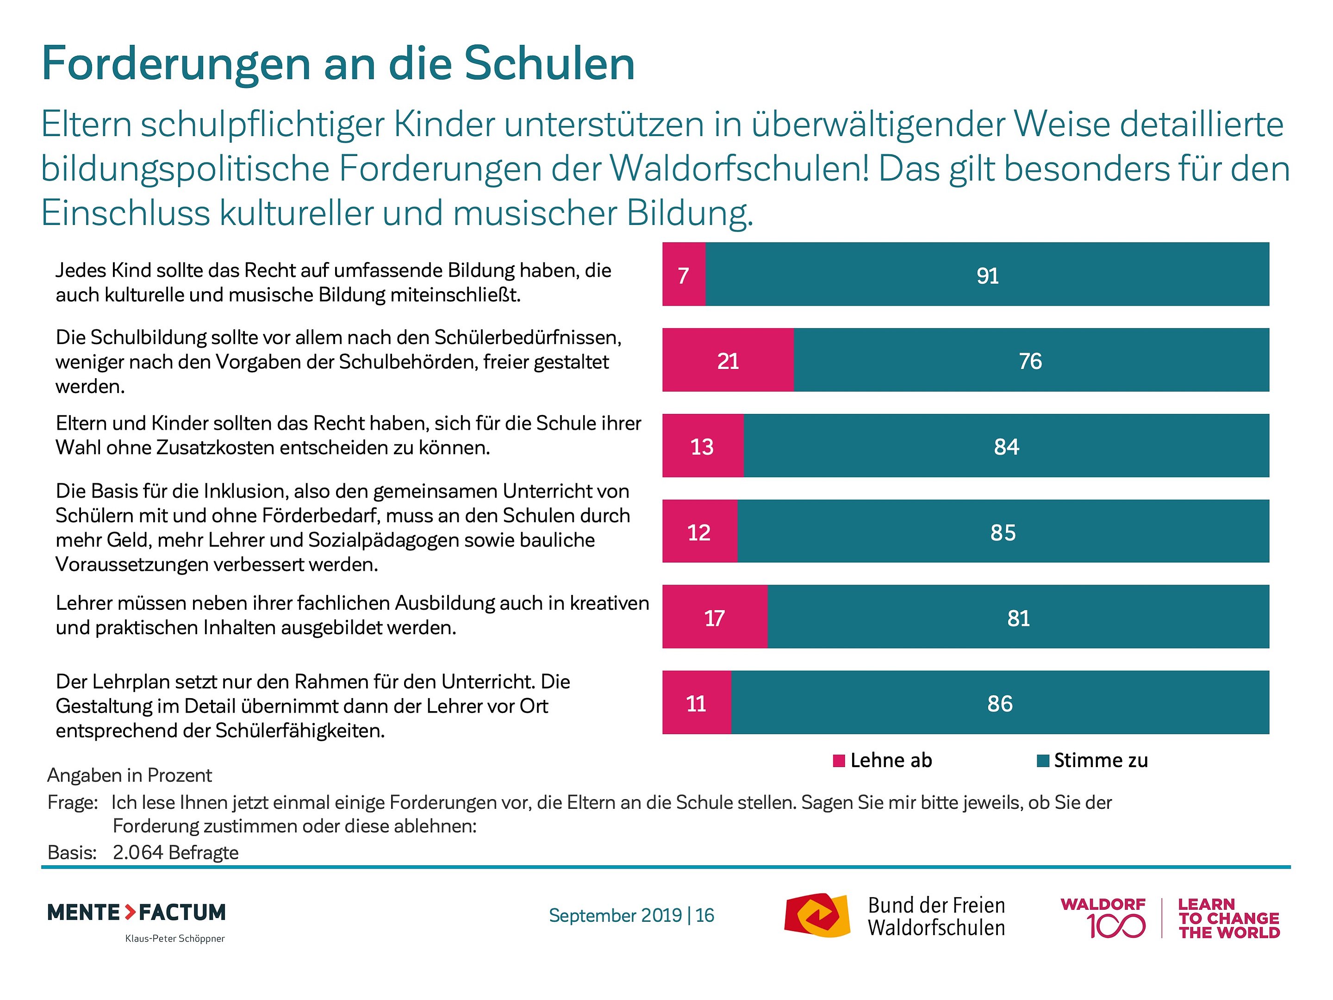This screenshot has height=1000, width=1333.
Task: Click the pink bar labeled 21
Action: coord(728,360)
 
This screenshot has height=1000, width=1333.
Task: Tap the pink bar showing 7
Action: coord(683,274)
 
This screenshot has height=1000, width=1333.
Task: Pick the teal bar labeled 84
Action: coord(1006,445)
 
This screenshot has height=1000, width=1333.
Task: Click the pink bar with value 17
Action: coord(714,617)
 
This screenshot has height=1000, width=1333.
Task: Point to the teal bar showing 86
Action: coord(1000,702)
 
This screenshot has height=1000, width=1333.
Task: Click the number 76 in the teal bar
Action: coord(1030,361)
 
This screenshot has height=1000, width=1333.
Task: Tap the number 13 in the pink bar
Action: coord(702,447)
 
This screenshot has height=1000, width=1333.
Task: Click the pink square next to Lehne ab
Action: coord(838,761)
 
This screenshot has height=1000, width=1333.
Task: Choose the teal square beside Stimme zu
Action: coord(1042,761)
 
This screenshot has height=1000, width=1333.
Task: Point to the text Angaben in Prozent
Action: coord(130,775)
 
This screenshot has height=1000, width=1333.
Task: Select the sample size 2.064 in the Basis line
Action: coord(138,852)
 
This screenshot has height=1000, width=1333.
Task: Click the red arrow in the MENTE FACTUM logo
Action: coord(130,912)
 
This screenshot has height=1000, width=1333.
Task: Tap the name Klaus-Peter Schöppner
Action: coord(175,938)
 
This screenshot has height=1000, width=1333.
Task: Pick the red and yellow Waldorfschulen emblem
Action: coord(816,915)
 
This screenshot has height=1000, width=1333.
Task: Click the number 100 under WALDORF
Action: coord(1115,926)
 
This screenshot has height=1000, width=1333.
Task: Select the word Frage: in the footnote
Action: coord(72,803)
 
